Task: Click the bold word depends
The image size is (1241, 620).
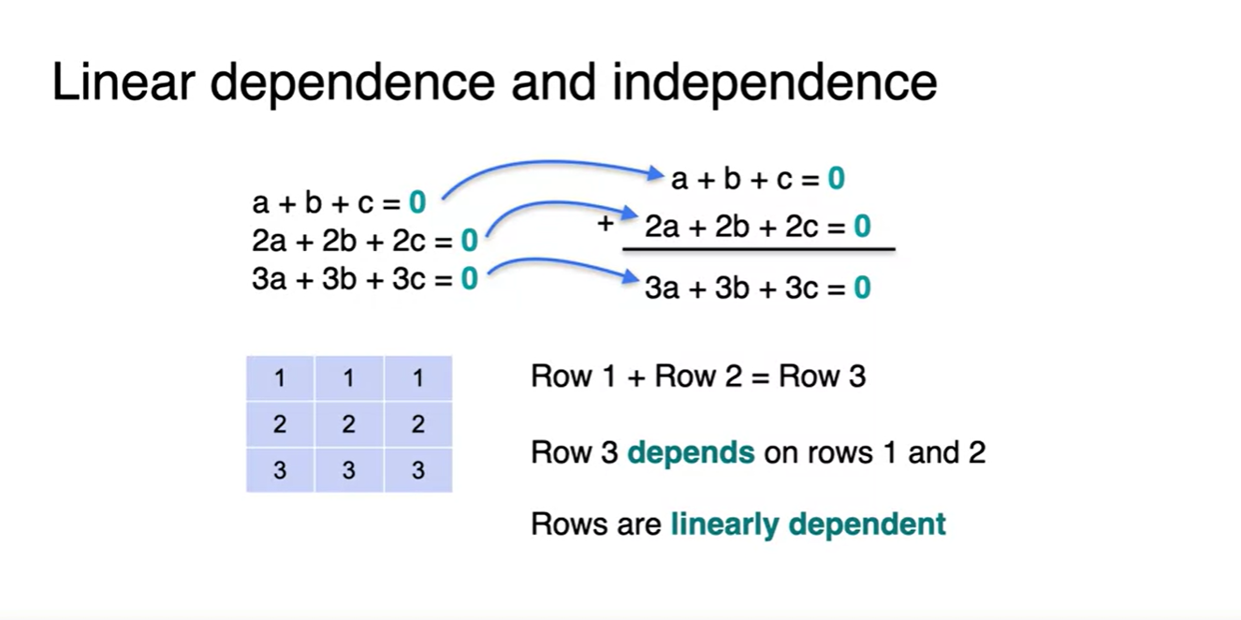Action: click(691, 453)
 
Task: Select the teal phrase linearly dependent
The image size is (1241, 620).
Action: click(808, 524)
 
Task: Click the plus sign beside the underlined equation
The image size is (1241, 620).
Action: click(606, 224)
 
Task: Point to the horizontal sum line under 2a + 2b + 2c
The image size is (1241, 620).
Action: click(758, 249)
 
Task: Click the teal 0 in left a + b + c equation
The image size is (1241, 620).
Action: click(417, 201)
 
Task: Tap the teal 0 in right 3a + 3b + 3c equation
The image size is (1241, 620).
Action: click(862, 288)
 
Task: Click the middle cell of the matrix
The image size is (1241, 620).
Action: click(349, 424)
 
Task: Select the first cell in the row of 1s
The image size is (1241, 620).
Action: click(280, 378)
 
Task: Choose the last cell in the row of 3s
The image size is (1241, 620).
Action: click(417, 469)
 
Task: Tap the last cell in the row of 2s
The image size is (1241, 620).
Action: click(417, 424)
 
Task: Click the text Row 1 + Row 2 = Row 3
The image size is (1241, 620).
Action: click(698, 376)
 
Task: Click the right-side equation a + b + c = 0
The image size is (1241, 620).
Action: click(757, 178)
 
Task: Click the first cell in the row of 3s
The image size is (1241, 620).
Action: click(280, 469)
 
